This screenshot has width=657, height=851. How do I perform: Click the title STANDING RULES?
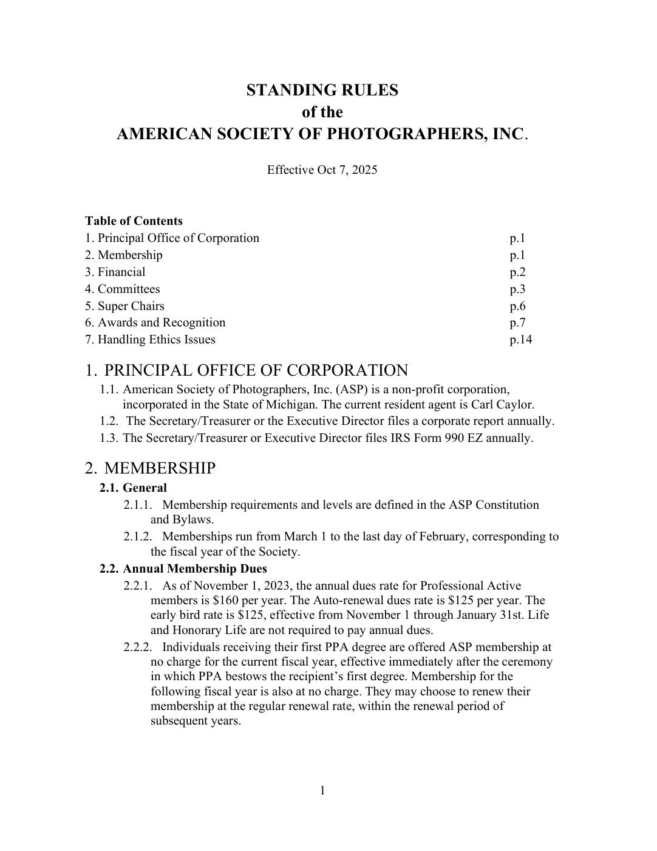tap(322, 90)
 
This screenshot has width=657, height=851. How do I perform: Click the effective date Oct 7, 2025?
tap(347, 170)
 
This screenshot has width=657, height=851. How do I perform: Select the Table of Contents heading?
tap(134, 221)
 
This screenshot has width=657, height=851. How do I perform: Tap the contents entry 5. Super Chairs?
tap(124, 306)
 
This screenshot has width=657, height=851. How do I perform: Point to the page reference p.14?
tap(520, 339)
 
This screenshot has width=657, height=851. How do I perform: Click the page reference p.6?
tap(517, 306)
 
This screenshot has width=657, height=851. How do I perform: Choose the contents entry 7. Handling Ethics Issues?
tap(150, 339)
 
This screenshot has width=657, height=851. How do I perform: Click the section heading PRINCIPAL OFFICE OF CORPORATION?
tap(256, 370)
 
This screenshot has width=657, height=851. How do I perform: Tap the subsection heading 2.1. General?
tap(133, 488)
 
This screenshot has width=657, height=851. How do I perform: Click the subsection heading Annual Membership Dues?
tap(194, 568)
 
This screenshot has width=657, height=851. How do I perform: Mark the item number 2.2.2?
tap(137, 647)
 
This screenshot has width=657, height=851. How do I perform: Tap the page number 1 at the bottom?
tap(322, 790)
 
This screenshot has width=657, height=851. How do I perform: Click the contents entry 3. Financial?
tap(115, 272)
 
